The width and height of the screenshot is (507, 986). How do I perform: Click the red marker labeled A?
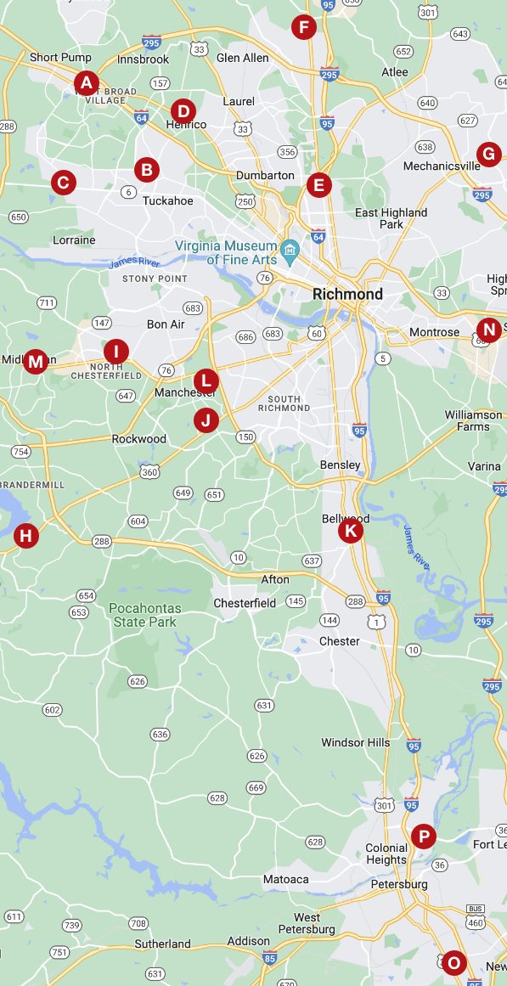click(86, 82)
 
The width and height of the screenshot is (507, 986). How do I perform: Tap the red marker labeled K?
click(350, 532)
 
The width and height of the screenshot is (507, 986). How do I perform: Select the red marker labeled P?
click(423, 837)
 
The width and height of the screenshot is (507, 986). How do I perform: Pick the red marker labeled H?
click(26, 536)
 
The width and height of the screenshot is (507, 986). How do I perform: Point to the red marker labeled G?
click(487, 154)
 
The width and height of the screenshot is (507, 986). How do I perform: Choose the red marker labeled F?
click(303, 27)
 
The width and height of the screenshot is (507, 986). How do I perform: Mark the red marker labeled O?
click(453, 962)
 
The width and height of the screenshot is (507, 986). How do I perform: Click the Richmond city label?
click(347, 294)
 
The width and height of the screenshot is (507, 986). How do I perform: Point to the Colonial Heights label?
click(386, 854)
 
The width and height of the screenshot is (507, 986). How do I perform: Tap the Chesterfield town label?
click(245, 603)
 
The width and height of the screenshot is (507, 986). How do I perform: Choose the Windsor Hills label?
click(356, 742)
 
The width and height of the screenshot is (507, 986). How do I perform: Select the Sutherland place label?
click(162, 944)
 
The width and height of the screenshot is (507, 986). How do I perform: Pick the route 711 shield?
click(47, 303)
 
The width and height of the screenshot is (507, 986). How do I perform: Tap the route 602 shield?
click(53, 710)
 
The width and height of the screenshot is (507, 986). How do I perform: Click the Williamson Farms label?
click(473, 420)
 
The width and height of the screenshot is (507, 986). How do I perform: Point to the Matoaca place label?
click(285, 879)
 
